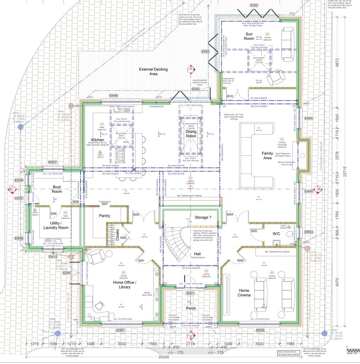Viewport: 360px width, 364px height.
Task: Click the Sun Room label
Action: (x=249, y=36)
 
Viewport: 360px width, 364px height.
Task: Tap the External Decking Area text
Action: (x=153, y=72)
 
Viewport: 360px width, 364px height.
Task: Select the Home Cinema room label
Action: (x=244, y=293)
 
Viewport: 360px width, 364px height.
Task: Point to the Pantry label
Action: (x=104, y=216)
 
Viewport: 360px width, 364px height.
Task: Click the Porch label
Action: (x=191, y=308)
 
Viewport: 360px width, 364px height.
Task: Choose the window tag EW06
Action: (x=113, y=96)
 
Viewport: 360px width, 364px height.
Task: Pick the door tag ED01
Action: (x=190, y=293)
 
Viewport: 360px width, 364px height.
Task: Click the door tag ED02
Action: (x=254, y=5)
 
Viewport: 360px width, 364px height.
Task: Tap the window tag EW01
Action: (x=121, y=330)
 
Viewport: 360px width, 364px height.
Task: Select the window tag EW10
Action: (x=53, y=257)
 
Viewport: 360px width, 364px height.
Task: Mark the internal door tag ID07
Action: (x=104, y=204)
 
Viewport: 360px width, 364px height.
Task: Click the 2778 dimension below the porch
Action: (x=191, y=344)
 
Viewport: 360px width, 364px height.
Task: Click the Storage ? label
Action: (x=203, y=217)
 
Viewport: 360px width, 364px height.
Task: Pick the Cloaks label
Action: (x=118, y=235)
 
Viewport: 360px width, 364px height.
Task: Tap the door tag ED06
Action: (x=66, y=273)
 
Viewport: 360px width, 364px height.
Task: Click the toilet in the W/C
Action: (x=292, y=234)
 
